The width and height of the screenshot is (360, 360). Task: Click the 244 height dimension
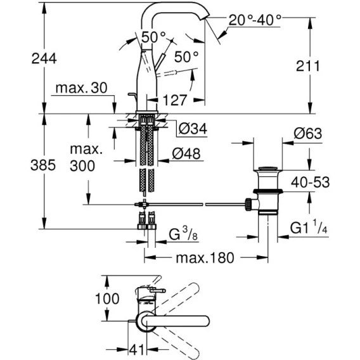(x=44, y=58)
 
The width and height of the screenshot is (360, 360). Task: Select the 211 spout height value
(x=307, y=66)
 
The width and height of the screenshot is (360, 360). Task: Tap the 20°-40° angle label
(x=255, y=20)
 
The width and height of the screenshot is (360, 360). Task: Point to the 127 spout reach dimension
(x=175, y=100)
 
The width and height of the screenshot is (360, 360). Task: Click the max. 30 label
(x=82, y=87)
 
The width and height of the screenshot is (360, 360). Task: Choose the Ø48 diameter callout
(x=186, y=153)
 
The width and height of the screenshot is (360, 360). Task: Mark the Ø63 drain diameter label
(x=308, y=133)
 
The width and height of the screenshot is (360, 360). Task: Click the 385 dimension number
(x=43, y=165)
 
